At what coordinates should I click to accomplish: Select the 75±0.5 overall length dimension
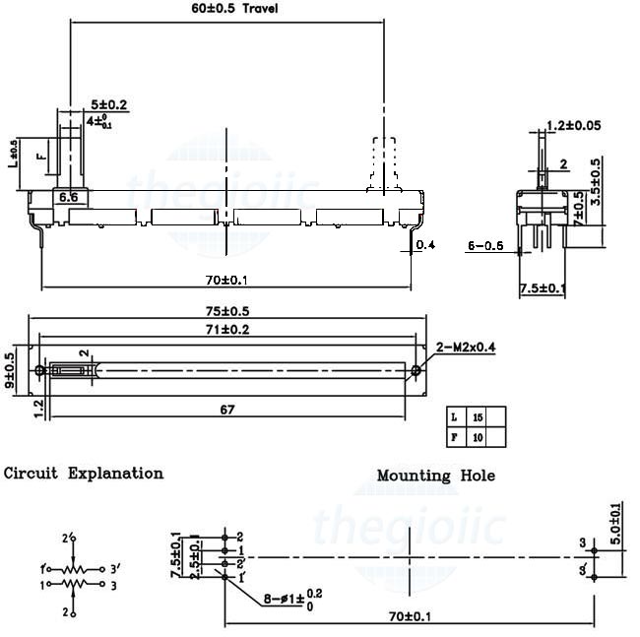pos(226,311)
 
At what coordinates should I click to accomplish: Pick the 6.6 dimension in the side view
pos(69,198)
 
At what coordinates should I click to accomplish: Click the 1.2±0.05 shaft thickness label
pos(574,125)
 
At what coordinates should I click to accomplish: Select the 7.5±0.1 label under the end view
pos(543,288)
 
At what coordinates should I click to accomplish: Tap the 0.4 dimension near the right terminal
pos(425,245)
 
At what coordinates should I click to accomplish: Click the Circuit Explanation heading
pos(84,474)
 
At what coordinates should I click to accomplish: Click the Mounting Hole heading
pos(436,476)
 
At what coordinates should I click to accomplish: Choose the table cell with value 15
pos(478,416)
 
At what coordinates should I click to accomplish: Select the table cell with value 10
pos(478,436)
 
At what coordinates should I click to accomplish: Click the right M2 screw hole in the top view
pos(416,371)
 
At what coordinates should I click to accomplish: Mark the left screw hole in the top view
pos(39,371)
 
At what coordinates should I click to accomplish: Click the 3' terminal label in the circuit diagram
pos(115,568)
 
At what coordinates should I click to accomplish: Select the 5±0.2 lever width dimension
pos(108,104)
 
